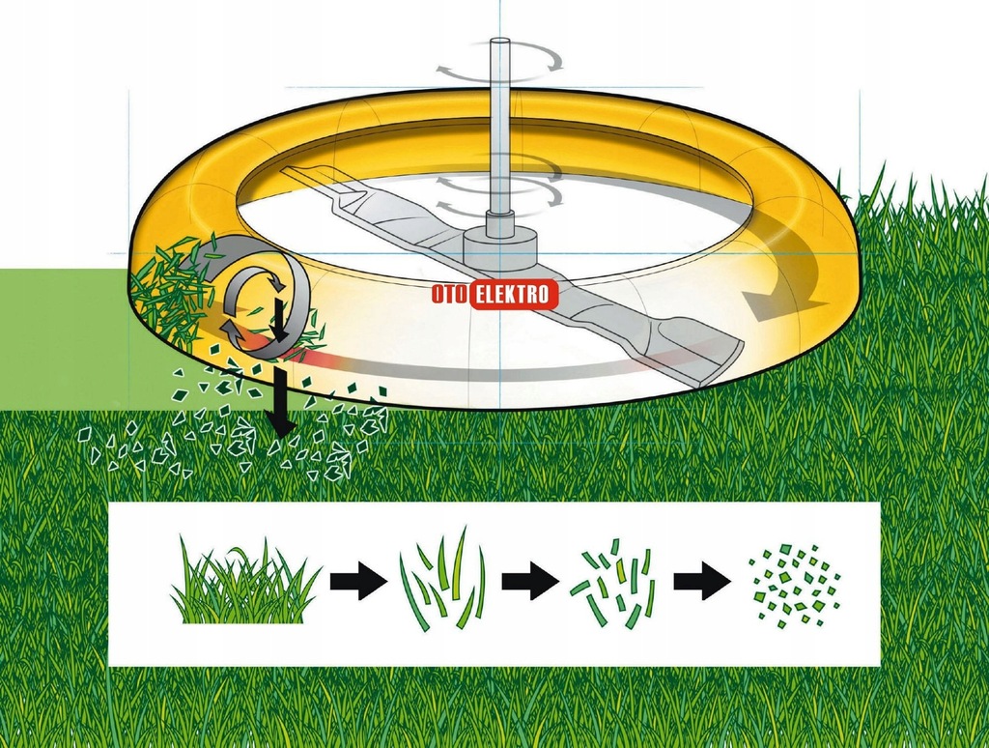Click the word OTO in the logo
coord(450,295)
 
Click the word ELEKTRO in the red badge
coord(514,295)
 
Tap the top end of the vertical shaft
coord(499,42)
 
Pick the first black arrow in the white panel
coord(359,580)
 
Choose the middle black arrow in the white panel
coord(530,580)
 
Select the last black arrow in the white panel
coord(703,580)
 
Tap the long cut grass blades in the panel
coord(442,579)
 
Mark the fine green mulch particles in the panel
coord(795,585)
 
